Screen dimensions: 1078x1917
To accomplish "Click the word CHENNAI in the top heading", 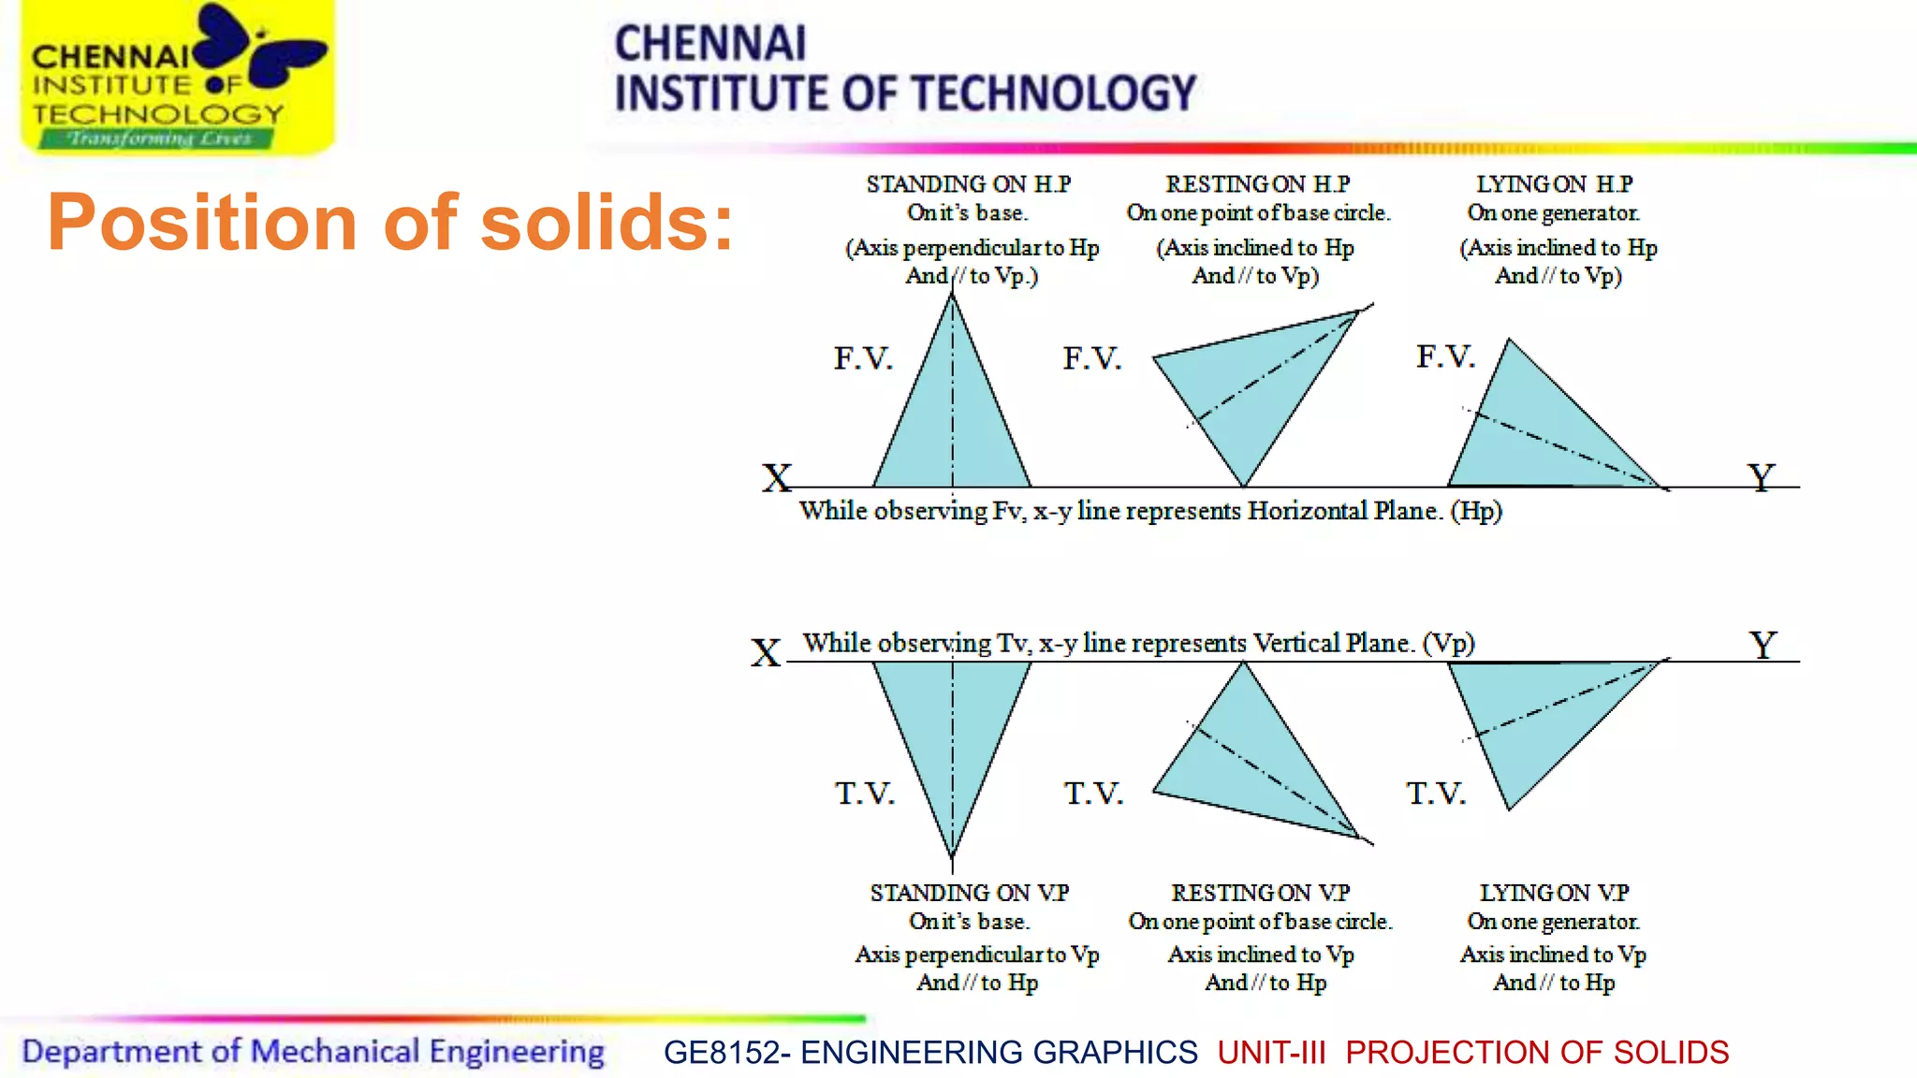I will [710, 44].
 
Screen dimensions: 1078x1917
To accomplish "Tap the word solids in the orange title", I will [607, 223].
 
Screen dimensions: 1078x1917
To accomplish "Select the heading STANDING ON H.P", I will [968, 184].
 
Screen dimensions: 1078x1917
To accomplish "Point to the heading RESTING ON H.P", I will [1257, 184].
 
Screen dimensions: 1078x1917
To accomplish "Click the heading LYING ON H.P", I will [1554, 184].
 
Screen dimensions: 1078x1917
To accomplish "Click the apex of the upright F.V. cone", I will [952, 296].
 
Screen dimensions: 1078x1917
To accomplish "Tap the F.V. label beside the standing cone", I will [863, 358].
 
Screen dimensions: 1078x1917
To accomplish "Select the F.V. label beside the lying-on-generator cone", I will [1445, 357].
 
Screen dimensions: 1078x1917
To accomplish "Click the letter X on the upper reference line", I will [776, 478].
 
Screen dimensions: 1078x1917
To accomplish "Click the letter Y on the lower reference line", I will [1763, 645].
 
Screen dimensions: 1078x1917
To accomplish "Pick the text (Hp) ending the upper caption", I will [1476, 511].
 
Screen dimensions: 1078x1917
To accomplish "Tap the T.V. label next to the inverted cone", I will [864, 794].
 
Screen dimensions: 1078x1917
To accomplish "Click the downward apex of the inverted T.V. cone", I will [952, 855].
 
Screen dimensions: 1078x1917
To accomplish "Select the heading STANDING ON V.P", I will [969, 893].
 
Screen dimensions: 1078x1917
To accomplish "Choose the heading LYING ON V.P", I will [1554, 893].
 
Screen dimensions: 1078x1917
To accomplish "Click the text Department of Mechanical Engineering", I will [313, 1052].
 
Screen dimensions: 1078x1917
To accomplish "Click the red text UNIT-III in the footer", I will [1271, 1053].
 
